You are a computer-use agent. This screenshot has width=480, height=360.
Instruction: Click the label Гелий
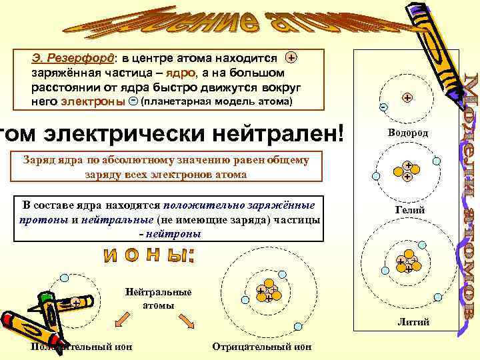click(x=407, y=210)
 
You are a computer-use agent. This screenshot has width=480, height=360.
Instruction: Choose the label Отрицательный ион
click(x=261, y=346)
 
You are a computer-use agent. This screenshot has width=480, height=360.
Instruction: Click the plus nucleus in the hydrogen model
click(x=407, y=97)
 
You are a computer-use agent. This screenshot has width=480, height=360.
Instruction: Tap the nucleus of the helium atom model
click(x=406, y=171)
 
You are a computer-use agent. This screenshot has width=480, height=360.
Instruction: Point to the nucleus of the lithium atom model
click(x=406, y=265)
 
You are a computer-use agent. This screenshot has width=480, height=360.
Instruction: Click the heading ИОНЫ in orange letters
click(x=157, y=255)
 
